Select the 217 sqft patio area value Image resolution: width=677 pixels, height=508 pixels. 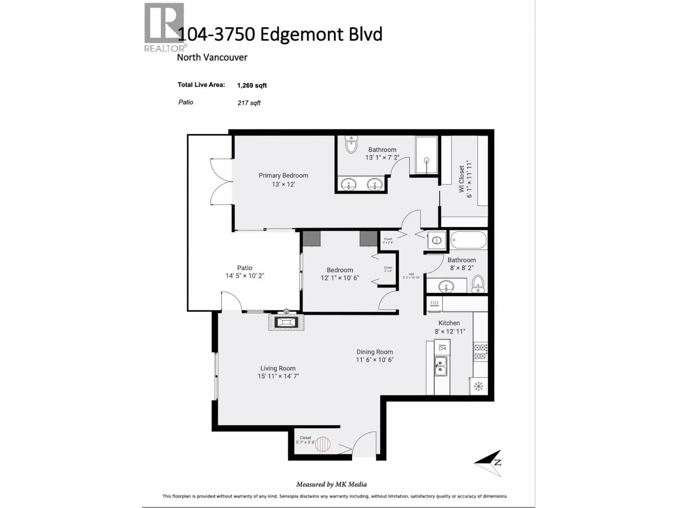pyautogui.click(x=249, y=103)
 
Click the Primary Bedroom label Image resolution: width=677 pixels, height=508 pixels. pyautogui.click(x=283, y=176)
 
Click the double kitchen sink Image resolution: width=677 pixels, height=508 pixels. pyautogui.click(x=441, y=366)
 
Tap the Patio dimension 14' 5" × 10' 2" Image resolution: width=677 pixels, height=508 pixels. pyautogui.click(x=245, y=276)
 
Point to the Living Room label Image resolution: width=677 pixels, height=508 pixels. pyautogui.click(x=278, y=368)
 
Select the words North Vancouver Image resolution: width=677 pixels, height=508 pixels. pyautogui.click(x=212, y=58)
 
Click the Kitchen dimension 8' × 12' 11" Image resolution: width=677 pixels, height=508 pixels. pyautogui.click(x=450, y=331)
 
